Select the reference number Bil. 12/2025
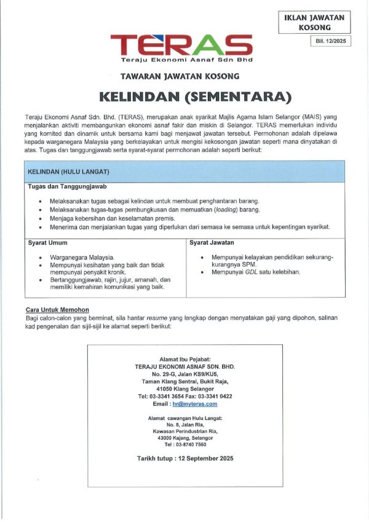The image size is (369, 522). pos(331,42)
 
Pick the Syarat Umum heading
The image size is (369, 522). pos(48,243)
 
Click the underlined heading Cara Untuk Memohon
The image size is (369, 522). pos(57,309)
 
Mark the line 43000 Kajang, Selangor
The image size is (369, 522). pos(184,438)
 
